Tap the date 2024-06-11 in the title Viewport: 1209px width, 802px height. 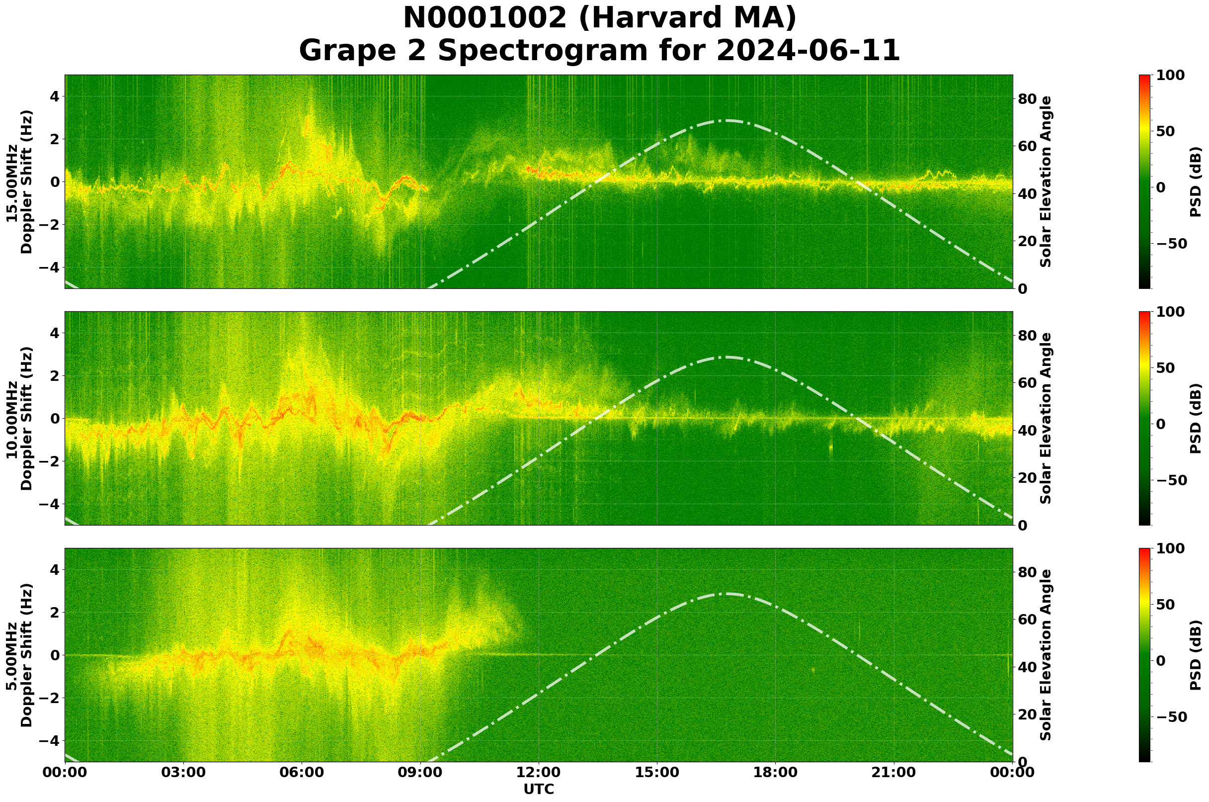(x=807, y=51)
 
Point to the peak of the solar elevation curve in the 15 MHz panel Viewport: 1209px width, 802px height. (x=726, y=121)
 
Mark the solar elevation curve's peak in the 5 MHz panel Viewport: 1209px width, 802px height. (x=726, y=594)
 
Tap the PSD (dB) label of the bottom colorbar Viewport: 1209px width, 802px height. (x=1195, y=655)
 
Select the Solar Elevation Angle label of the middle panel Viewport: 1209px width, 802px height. (x=1046, y=418)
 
